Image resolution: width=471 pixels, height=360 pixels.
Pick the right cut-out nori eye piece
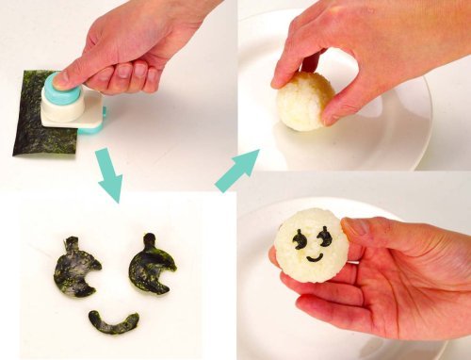click(x=152, y=265)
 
